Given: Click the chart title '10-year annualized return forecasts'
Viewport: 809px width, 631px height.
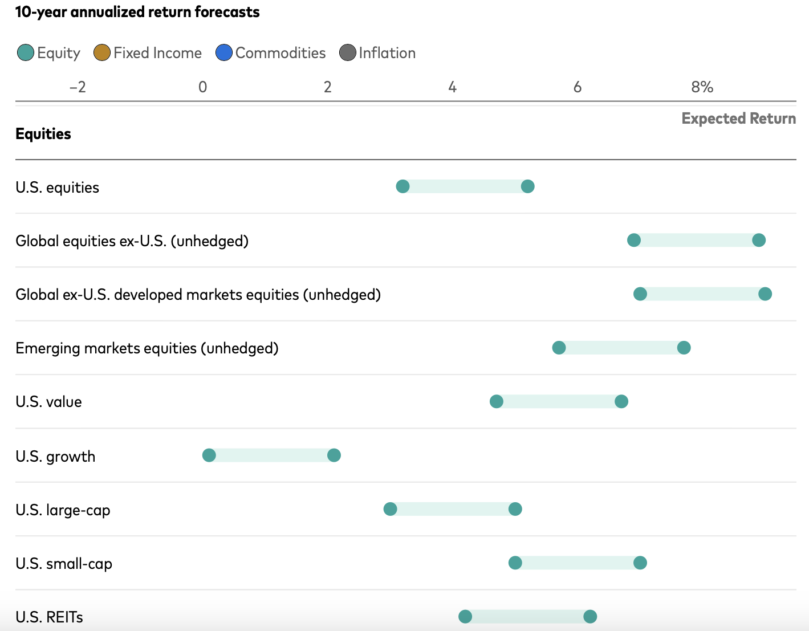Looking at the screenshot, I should click(x=137, y=12).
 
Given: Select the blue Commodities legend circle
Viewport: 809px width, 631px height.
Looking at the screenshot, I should click(x=224, y=53).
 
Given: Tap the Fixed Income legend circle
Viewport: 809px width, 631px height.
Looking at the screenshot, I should click(x=102, y=53).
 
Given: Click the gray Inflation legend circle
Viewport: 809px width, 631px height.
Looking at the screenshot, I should click(x=348, y=53).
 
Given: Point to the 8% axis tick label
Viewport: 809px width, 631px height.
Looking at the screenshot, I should click(x=702, y=87).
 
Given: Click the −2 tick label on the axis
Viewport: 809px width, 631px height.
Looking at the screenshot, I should click(x=78, y=87).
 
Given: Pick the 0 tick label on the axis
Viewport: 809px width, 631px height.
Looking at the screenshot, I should click(x=202, y=87).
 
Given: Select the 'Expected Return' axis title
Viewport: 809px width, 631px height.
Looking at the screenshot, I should click(x=738, y=119).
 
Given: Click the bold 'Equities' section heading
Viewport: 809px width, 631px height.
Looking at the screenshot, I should click(x=43, y=134).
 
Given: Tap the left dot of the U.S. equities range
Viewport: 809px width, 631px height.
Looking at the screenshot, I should click(x=403, y=186).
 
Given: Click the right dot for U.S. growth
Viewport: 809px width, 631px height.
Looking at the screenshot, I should click(x=334, y=455).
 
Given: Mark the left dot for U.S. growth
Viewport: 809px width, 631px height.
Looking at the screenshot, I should click(x=209, y=455).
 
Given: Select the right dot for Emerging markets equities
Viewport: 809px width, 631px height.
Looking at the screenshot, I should click(x=684, y=348).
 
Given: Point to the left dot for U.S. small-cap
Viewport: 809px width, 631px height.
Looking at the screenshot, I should click(x=515, y=563).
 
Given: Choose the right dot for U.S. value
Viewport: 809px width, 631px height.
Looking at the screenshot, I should click(x=621, y=402).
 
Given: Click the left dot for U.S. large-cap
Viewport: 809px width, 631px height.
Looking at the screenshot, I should click(x=390, y=509).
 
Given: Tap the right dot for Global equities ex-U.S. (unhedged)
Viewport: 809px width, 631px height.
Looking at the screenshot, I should click(x=758, y=240).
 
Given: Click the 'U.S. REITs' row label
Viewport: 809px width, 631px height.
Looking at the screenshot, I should click(x=50, y=617).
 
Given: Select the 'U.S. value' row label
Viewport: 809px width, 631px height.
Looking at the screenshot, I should click(x=49, y=402).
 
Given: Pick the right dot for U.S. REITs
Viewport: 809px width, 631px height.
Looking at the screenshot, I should click(x=590, y=616).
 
